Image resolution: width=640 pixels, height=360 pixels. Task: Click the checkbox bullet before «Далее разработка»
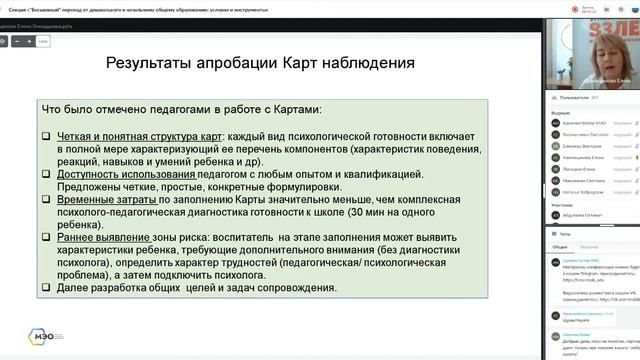click(46, 288)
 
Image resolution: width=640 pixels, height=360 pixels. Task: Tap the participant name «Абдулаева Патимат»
click(581, 214)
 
